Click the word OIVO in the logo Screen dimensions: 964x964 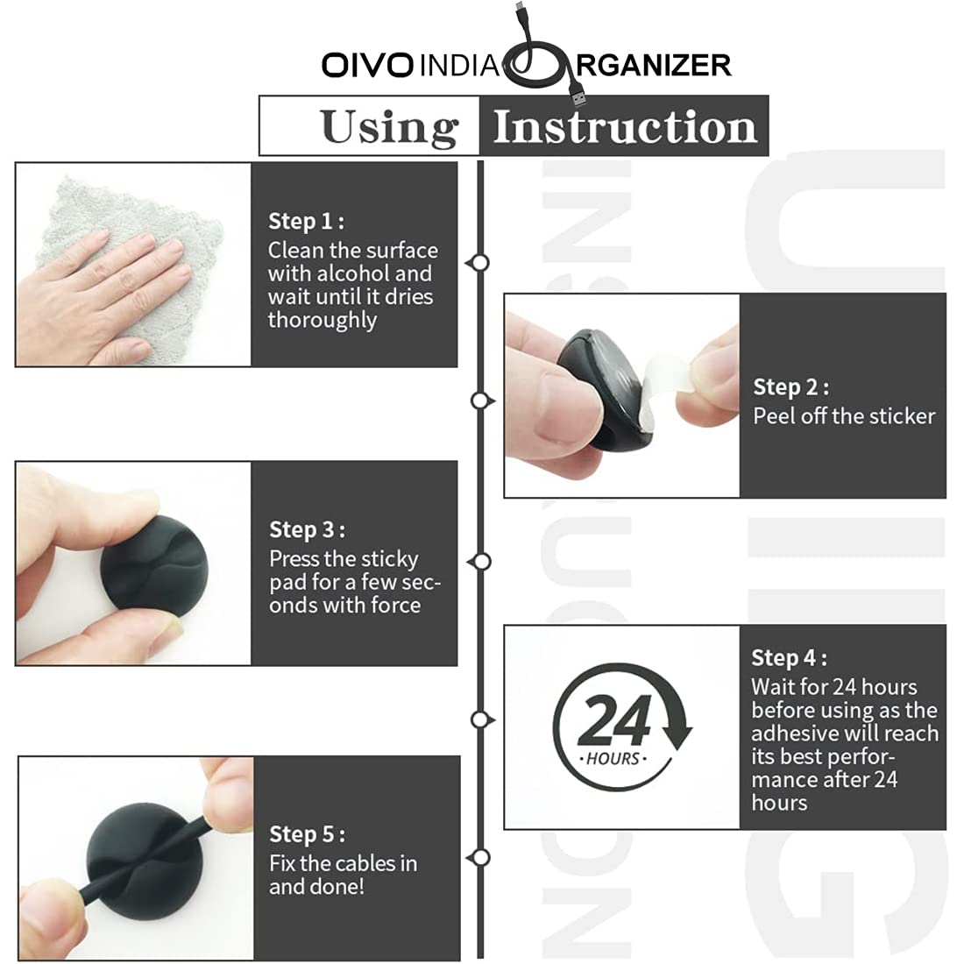coord(367,66)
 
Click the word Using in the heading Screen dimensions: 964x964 coord(389,127)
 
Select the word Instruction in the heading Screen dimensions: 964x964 coord(624,127)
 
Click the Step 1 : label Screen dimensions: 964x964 coord(306,221)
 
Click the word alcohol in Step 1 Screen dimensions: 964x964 coord(356,273)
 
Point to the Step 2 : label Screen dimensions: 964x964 coord(790,386)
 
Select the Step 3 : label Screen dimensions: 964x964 coord(307,529)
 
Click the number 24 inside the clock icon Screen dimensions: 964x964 coord(615,720)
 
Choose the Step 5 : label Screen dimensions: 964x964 coord(307,834)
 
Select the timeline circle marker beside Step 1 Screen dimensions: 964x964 coord(479,262)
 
